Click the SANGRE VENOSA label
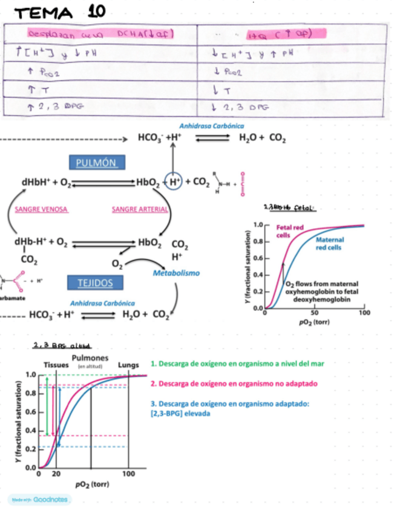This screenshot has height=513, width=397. tap(41, 209)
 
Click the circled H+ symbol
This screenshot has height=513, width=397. tap(174, 181)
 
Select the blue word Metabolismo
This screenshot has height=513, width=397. tap(176, 273)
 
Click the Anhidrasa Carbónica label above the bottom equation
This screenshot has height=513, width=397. tap(103, 302)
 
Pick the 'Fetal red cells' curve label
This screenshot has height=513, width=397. tap(290, 231)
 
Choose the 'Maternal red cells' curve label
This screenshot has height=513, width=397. tap(330, 243)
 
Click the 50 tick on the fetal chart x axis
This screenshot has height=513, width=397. tap(313, 313)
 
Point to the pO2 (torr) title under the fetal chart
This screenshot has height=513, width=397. tap(313, 322)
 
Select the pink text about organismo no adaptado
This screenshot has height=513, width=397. tap(234, 384)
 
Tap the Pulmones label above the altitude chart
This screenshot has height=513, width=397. tap(90, 359)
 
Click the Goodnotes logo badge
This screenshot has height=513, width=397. tap(39, 500)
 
